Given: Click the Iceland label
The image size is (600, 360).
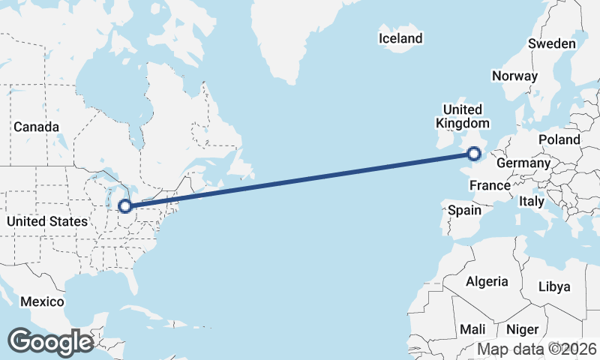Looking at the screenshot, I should click(x=400, y=38).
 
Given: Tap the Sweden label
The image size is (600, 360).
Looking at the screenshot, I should click(x=551, y=43).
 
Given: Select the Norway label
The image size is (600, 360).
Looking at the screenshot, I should click(x=514, y=76).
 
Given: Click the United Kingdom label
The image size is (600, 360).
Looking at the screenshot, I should click(x=462, y=116).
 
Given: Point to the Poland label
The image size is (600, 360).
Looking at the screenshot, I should click(x=559, y=139).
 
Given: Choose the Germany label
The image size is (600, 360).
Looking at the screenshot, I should click(x=523, y=163).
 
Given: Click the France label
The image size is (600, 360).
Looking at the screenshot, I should click(x=490, y=185).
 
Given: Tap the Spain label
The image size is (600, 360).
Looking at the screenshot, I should click(x=464, y=210).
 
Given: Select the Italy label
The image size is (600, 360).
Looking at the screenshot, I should click(x=532, y=202).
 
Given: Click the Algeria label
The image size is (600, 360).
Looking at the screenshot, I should click(x=487, y=282).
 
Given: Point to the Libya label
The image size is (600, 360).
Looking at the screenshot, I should click(x=554, y=286).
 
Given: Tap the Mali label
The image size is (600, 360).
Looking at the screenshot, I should click(x=472, y=329).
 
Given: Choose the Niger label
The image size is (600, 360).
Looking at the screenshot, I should click(x=522, y=329).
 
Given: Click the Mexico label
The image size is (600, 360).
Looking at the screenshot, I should click(x=42, y=301).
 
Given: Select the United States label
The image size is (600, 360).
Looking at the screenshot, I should click(x=46, y=221).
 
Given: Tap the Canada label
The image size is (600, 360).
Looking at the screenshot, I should click(x=36, y=127).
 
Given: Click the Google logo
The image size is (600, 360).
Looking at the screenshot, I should click(x=50, y=341).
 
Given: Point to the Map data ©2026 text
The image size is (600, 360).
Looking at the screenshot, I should click(x=536, y=349).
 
